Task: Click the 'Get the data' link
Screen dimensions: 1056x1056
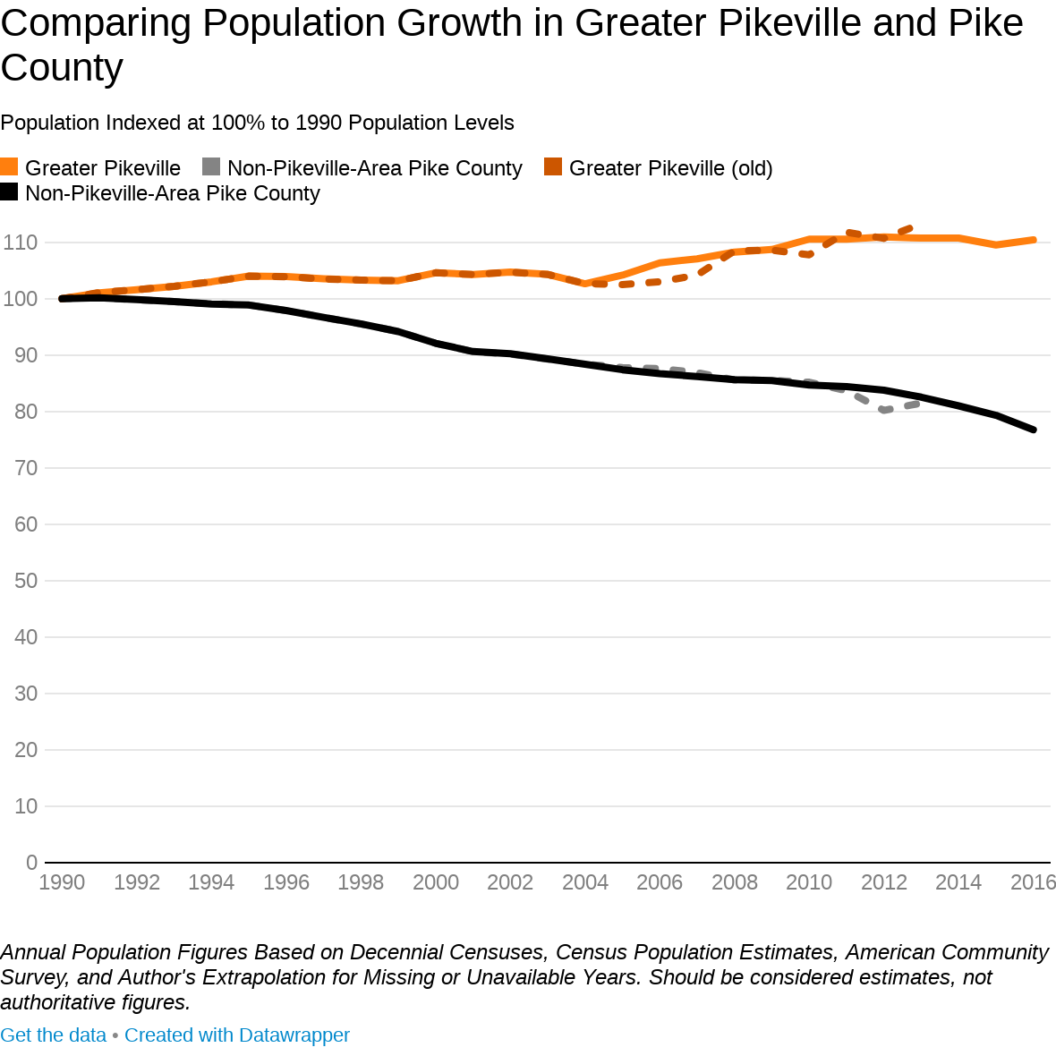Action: pyautogui.click(x=53, y=1035)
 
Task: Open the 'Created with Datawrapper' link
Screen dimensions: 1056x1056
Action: pyautogui.click(x=237, y=1035)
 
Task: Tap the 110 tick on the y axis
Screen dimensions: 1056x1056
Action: pyautogui.click(x=20, y=243)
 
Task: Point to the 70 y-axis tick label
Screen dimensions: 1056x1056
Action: pyautogui.click(x=26, y=468)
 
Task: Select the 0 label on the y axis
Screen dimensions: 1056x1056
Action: pyautogui.click(x=32, y=863)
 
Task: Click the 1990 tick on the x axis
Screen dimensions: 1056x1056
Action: pyautogui.click(x=62, y=882)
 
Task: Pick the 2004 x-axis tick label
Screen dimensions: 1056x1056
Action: pyautogui.click(x=584, y=882)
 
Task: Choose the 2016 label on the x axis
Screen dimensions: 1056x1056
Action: pyautogui.click(x=1033, y=882)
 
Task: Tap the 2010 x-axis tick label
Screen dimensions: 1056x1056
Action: pyautogui.click(x=809, y=882)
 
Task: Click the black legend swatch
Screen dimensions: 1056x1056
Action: pyautogui.click(x=9, y=192)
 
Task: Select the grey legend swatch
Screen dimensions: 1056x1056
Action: pyautogui.click(x=211, y=167)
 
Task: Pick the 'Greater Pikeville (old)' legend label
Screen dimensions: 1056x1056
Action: pyautogui.click(x=670, y=168)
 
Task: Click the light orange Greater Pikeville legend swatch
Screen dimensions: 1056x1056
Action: pyautogui.click(x=9, y=167)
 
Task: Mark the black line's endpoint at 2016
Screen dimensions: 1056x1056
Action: pyautogui.click(x=1034, y=430)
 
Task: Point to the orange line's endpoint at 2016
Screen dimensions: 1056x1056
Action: pyautogui.click(x=1034, y=240)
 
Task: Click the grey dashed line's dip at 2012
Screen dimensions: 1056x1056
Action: pyautogui.click(x=884, y=410)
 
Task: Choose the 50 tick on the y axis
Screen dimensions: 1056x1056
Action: pyautogui.click(x=26, y=581)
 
